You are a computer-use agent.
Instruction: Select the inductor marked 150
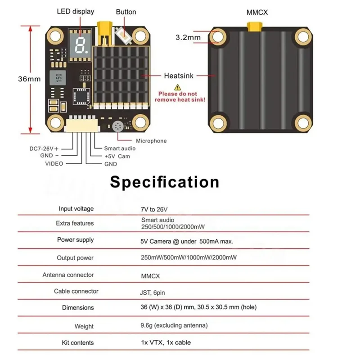pyautogui.click(x=58, y=77)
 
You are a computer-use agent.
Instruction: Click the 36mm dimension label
pyautogui.click(x=29, y=79)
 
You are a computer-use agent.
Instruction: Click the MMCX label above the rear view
pyautogui.click(x=257, y=13)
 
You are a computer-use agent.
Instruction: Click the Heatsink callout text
pyautogui.click(x=179, y=76)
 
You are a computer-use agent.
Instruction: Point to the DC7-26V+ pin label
pyautogui.click(x=44, y=148)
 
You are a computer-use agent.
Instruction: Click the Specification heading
pyautogui.click(x=165, y=182)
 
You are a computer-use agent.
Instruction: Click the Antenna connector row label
pyautogui.click(x=68, y=274)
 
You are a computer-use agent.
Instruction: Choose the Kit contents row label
pyautogui.click(x=78, y=342)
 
